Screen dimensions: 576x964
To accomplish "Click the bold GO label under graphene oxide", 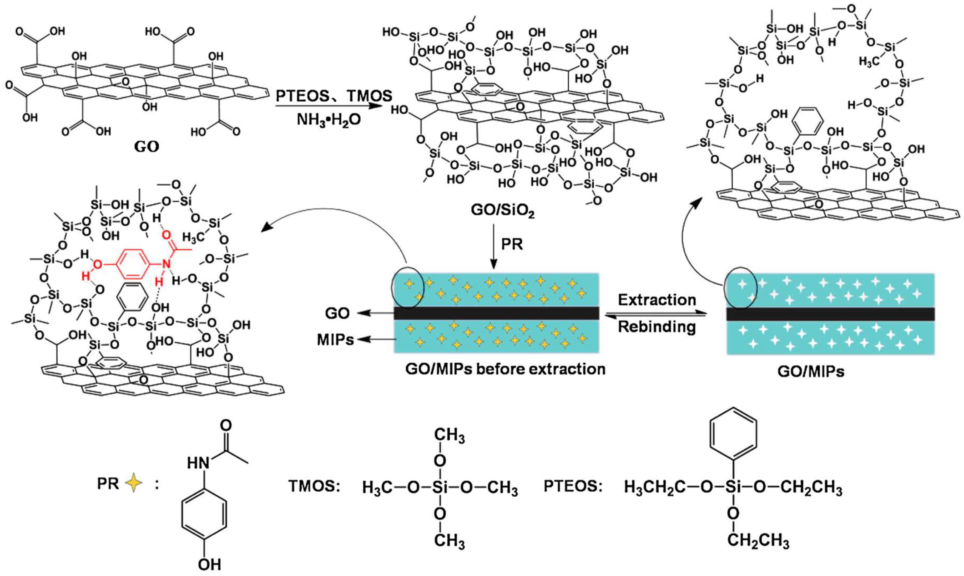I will click(147, 147).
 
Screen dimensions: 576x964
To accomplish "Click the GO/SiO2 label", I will click(502, 211).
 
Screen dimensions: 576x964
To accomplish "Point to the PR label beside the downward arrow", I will click(512, 244).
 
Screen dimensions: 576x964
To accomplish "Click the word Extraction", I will click(657, 300).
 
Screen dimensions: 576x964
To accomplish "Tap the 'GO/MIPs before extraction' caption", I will click(505, 369).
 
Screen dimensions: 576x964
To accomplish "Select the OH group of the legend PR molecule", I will click(209, 564).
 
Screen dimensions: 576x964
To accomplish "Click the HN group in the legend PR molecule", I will click(199, 463).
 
